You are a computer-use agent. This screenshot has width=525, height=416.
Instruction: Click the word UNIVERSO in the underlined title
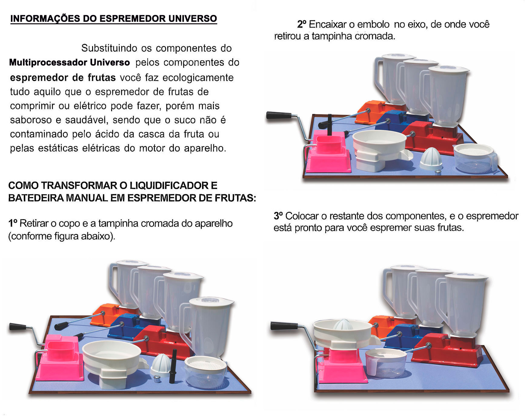click(193, 18)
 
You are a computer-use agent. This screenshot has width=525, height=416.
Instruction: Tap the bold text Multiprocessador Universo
click(69, 62)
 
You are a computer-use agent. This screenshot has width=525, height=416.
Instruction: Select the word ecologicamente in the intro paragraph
click(198, 78)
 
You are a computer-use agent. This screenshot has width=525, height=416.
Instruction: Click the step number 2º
click(302, 24)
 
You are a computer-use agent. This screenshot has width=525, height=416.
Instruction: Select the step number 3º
click(278, 216)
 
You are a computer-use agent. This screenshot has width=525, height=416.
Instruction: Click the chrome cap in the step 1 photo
click(157, 379)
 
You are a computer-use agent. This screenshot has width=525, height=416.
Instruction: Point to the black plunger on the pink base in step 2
click(329, 125)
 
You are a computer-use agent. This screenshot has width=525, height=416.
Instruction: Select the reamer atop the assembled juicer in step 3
click(343, 325)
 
